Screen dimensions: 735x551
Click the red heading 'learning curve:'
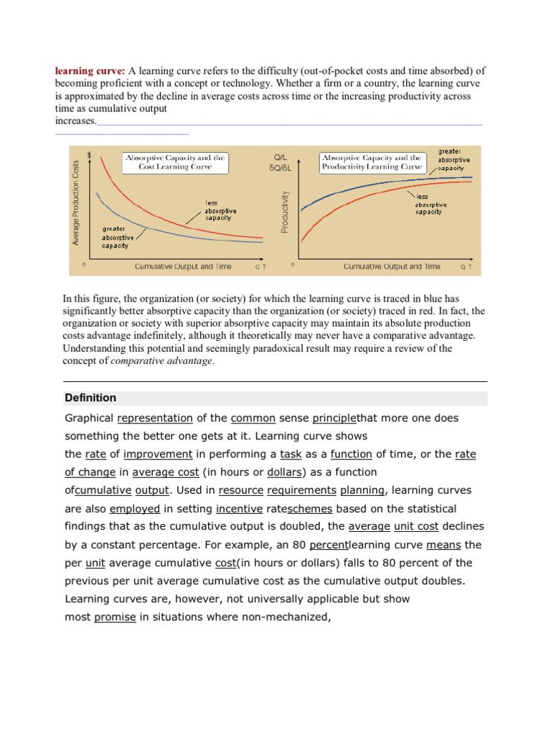90,70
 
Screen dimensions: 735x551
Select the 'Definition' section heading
90,398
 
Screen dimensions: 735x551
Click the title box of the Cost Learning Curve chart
175,162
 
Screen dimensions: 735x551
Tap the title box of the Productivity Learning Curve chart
372,162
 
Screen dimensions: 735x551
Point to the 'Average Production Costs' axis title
75,202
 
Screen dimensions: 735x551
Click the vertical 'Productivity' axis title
285,212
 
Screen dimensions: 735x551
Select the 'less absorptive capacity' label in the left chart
220,210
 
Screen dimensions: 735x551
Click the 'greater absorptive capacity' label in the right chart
453,159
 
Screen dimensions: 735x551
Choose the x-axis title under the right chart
392,266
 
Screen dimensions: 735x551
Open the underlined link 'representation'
155,418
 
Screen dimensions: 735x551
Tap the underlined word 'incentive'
239,508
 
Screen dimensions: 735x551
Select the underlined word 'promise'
115,617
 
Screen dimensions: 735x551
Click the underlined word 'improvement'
158,454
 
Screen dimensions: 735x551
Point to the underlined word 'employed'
135,508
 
